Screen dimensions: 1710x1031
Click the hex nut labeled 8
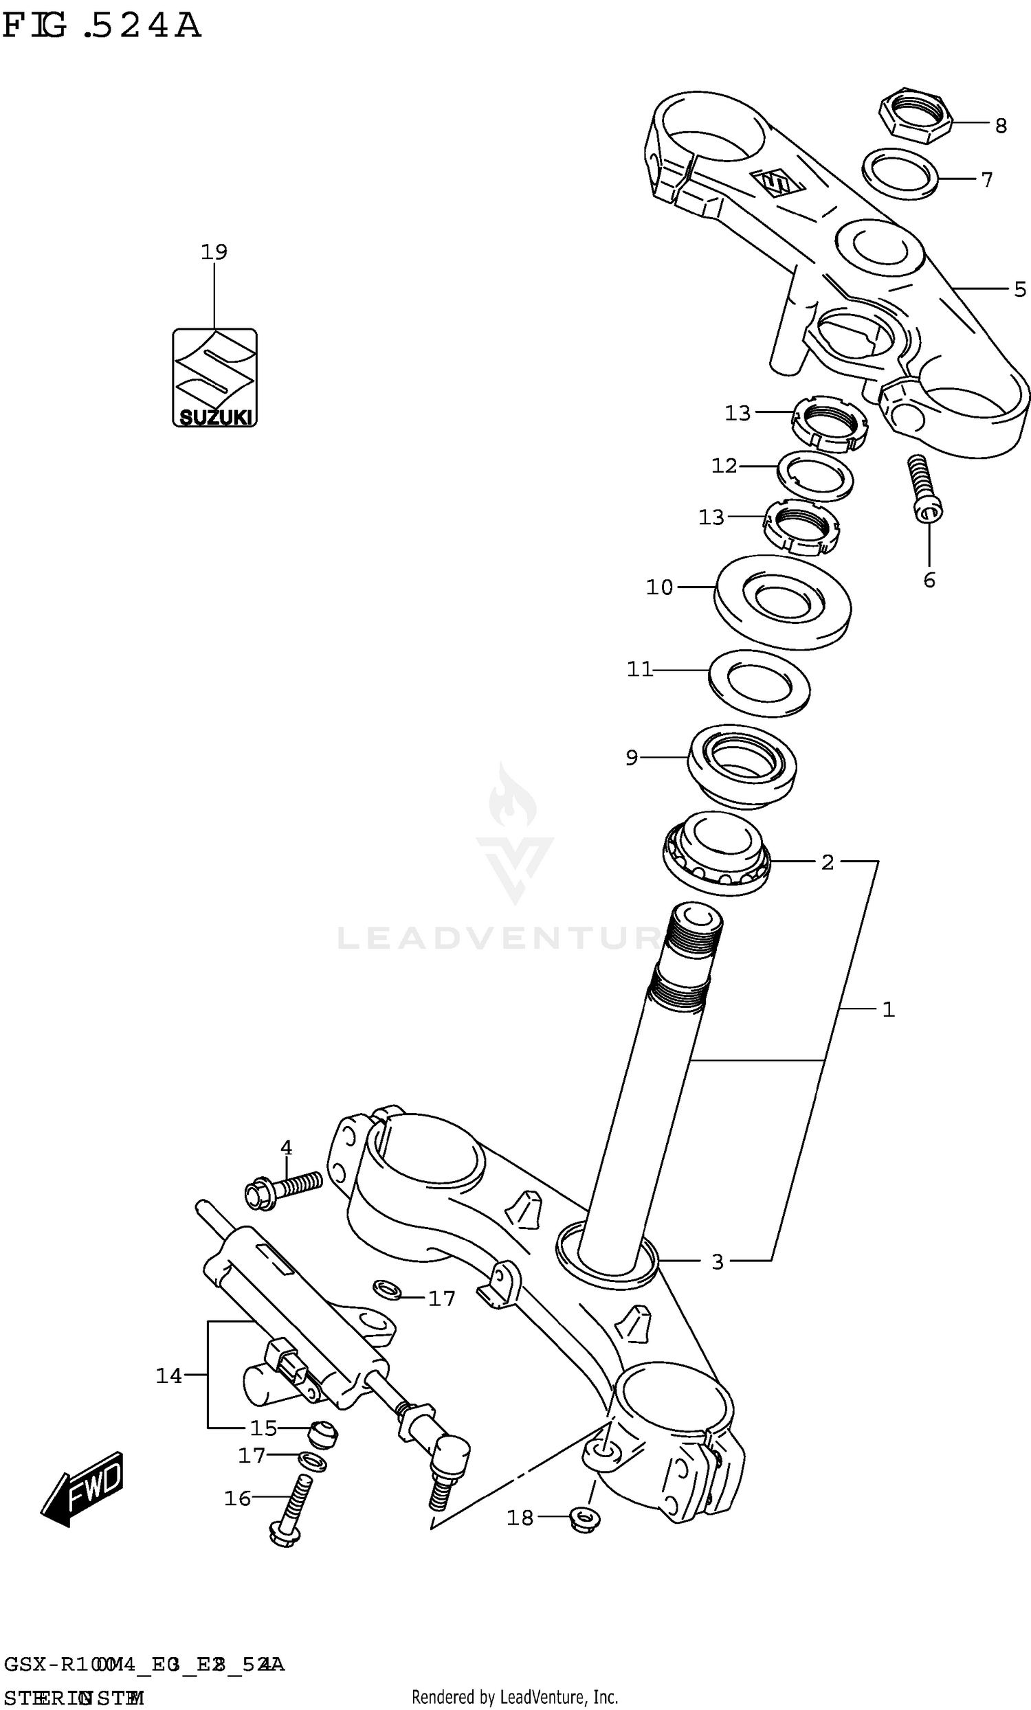913,115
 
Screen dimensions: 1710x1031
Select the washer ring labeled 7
900,174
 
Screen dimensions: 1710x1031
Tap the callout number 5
1019,289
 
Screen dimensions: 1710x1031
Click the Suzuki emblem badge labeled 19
214,377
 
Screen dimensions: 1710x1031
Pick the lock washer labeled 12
815,475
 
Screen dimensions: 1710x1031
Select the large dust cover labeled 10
781,602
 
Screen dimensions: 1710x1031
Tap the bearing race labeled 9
742,765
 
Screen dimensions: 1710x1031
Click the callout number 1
888,1010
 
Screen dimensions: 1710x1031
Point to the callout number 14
168,1375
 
